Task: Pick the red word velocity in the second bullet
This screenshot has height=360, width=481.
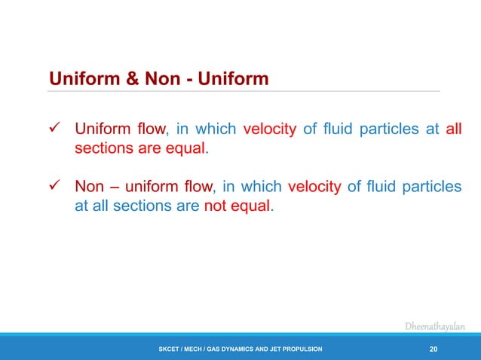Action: click(314, 187)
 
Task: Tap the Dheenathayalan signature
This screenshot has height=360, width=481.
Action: click(435, 326)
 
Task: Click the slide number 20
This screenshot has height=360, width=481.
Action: click(433, 349)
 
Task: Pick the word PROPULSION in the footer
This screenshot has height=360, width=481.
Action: click(300, 350)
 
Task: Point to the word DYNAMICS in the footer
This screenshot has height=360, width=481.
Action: click(237, 350)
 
